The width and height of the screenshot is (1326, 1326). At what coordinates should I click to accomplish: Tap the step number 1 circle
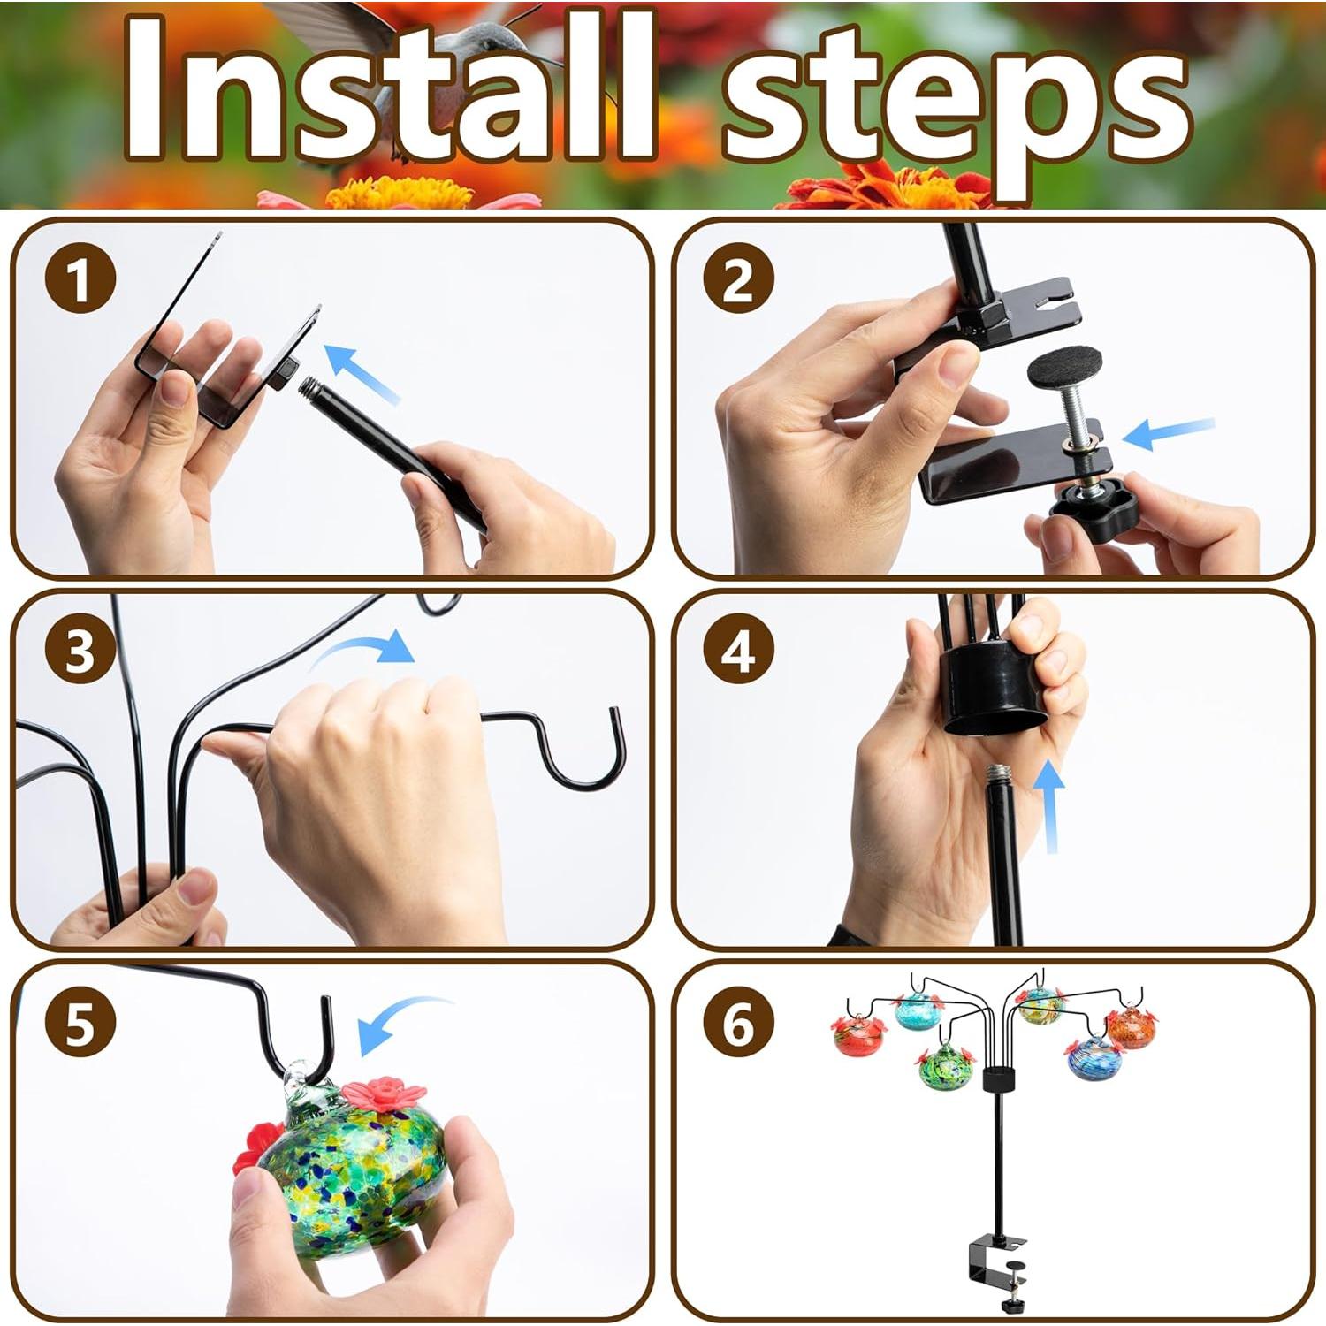[x=80, y=280]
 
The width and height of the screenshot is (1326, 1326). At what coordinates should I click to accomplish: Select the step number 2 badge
[x=739, y=280]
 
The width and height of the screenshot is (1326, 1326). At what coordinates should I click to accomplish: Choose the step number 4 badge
[x=739, y=652]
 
